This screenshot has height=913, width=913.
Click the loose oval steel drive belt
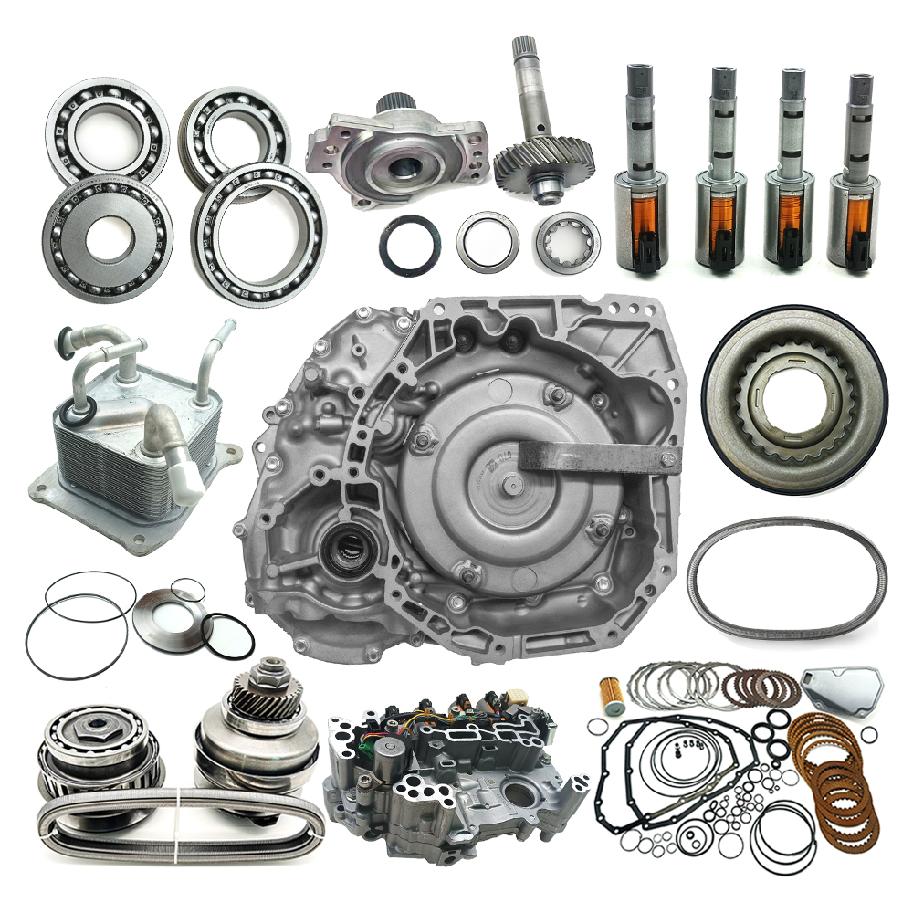coord(786,576)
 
